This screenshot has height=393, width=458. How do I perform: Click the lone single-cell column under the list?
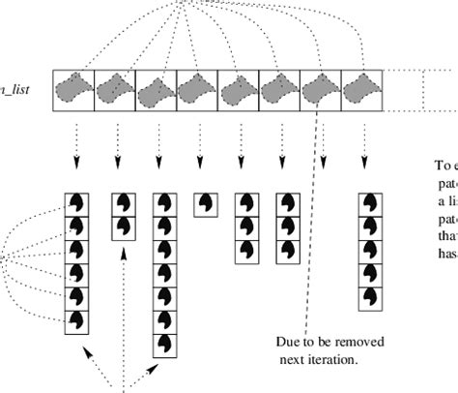tap(204, 204)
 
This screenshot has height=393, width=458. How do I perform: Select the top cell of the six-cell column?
tap(76, 204)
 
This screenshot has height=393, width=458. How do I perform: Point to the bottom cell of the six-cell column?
tap(76, 318)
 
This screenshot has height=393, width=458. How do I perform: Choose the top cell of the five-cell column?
tap(369, 204)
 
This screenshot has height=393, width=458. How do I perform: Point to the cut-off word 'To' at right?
tap(441, 165)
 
